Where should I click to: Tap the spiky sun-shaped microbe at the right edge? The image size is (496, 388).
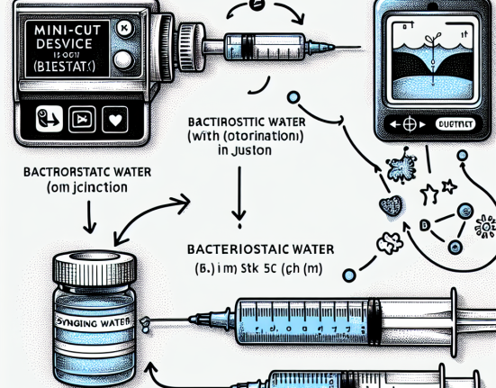pyautogui.click(x=487, y=226)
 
